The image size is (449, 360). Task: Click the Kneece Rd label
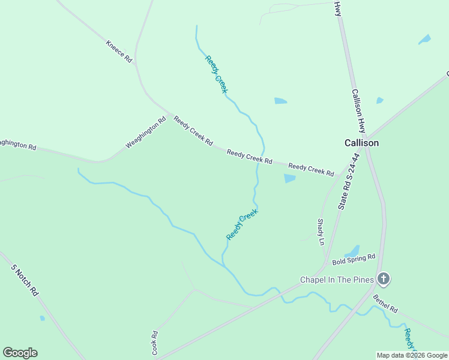(x=119, y=52)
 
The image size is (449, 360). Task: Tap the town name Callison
(x=361, y=143)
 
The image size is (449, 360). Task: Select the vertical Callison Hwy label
(x=358, y=111)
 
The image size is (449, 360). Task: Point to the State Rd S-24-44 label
(x=349, y=181)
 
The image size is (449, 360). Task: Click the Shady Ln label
(x=321, y=232)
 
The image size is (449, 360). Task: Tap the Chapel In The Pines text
(x=337, y=280)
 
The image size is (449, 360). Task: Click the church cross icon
(x=384, y=279)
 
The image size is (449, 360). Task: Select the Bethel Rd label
(x=385, y=304)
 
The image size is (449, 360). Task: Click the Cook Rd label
(x=155, y=343)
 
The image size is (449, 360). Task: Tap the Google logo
(x=20, y=353)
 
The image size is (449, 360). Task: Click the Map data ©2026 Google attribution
(x=412, y=355)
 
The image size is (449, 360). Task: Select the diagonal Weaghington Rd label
(x=145, y=133)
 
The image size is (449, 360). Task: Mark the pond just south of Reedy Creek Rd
(x=290, y=179)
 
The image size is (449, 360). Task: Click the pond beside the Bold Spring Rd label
(x=353, y=250)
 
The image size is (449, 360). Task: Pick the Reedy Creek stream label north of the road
(x=216, y=74)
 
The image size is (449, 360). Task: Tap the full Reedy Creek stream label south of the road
(x=242, y=224)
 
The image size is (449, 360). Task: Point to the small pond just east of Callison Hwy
(x=379, y=100)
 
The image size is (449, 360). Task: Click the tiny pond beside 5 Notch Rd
(x=41, y=318)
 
